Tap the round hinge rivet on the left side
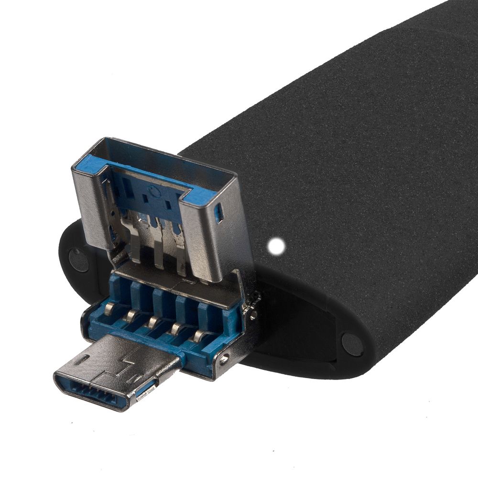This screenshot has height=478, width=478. (78, 260)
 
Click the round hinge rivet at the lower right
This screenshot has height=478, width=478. (353, 344)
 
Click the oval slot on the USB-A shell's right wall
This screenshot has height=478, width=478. (219, 214)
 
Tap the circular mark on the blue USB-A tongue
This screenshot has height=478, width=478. (153, 193)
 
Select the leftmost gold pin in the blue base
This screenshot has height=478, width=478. (109, 310)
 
